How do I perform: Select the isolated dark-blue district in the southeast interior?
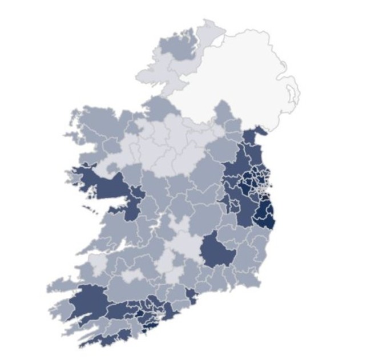(217, 251)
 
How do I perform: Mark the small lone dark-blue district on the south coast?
(191, 296)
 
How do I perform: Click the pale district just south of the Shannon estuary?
(98, 262)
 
